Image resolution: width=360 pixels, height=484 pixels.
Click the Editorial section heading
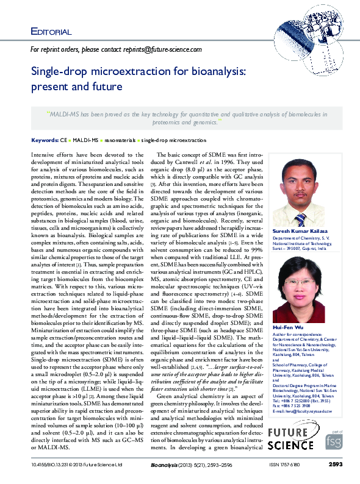[x=51, y=31]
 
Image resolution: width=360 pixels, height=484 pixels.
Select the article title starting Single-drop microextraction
[x=139, y=79]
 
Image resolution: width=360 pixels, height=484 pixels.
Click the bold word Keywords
[x=45, y=140]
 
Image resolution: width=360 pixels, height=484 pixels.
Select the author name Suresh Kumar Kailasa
[x=300, y=232]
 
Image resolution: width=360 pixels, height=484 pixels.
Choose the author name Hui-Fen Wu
[x=286, y=327]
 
